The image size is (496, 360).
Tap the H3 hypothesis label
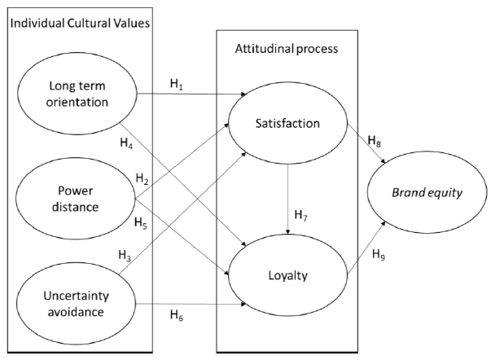pyautogui.click(x=147, y=256)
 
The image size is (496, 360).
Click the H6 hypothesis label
pyautogui.click(x=177, y=315)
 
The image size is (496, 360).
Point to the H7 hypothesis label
pyautogui.click(x=301, y=215)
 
